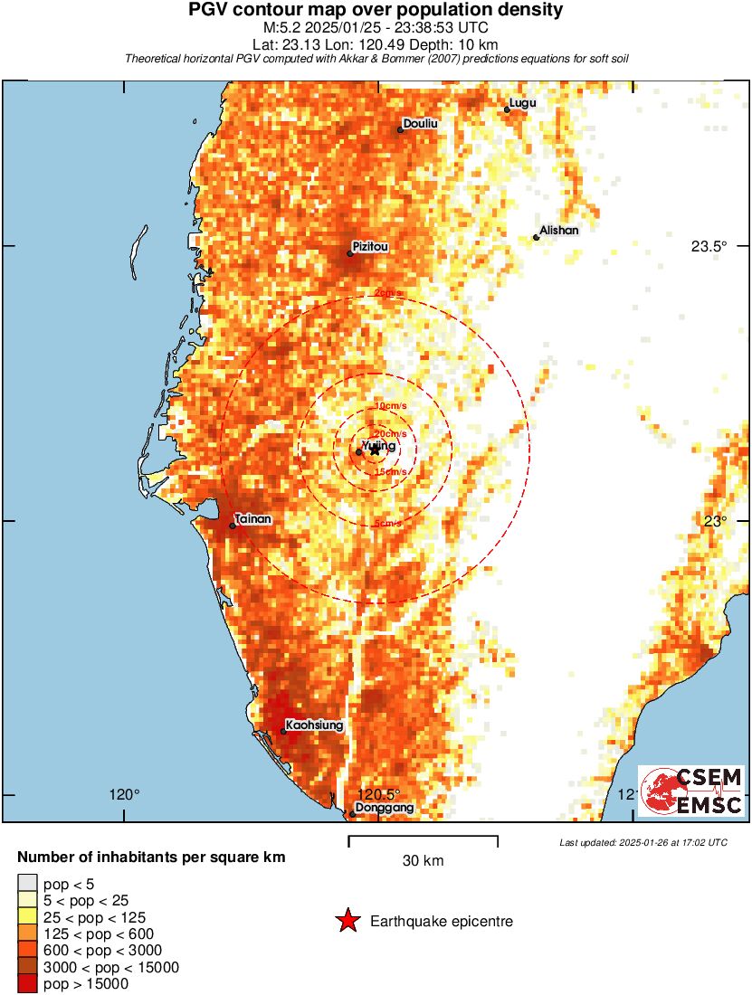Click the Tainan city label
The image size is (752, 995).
(x=253, y=520)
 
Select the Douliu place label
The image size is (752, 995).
(x=421, y=123)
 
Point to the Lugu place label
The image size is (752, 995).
(x=523, y=103)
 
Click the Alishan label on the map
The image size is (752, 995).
(x=558, y=231)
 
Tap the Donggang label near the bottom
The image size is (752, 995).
(x=385, y=807)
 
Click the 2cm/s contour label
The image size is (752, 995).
(x=388, y=293)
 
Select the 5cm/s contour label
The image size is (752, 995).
(x=388, y=524)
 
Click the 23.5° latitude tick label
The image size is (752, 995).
(x=709, y=246)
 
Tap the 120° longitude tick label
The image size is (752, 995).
(x=125, y=795)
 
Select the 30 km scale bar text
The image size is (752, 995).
(x=423, y=861)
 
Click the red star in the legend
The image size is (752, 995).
(x=347, y=922)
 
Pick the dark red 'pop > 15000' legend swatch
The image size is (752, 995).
(x=27, y=984)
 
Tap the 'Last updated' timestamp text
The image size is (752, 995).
(x=643, y=843)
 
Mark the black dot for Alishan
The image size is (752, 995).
(x=537, y=238)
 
